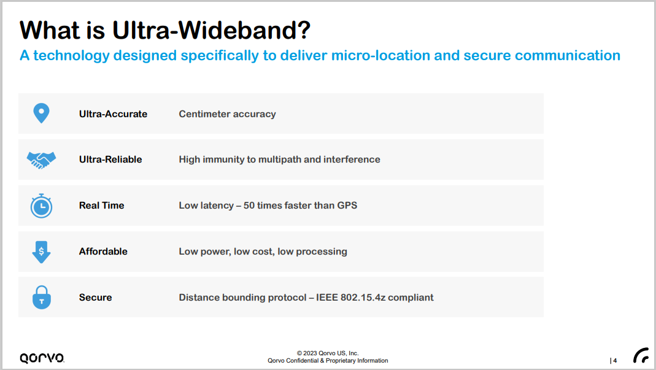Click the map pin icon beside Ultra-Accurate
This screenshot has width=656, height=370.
point(41,113)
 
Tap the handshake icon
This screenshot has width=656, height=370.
point(41,160)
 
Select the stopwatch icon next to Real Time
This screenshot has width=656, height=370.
point(41,206)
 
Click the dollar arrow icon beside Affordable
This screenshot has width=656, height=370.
point(41,252)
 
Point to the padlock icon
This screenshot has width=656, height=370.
point(41,298)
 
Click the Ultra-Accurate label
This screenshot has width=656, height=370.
point(113,114)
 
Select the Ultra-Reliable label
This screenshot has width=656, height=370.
point(110,160)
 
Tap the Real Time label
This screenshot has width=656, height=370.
point(102,206)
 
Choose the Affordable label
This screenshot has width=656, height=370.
point(103,252)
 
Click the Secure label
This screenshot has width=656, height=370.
point(95,298)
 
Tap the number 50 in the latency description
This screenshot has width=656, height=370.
point(249,206)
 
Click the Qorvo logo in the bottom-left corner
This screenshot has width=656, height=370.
point(42,358)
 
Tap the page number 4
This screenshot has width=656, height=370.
point(615,360)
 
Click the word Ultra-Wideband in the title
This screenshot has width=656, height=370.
point(211,30)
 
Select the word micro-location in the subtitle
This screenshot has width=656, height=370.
point(380,55)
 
